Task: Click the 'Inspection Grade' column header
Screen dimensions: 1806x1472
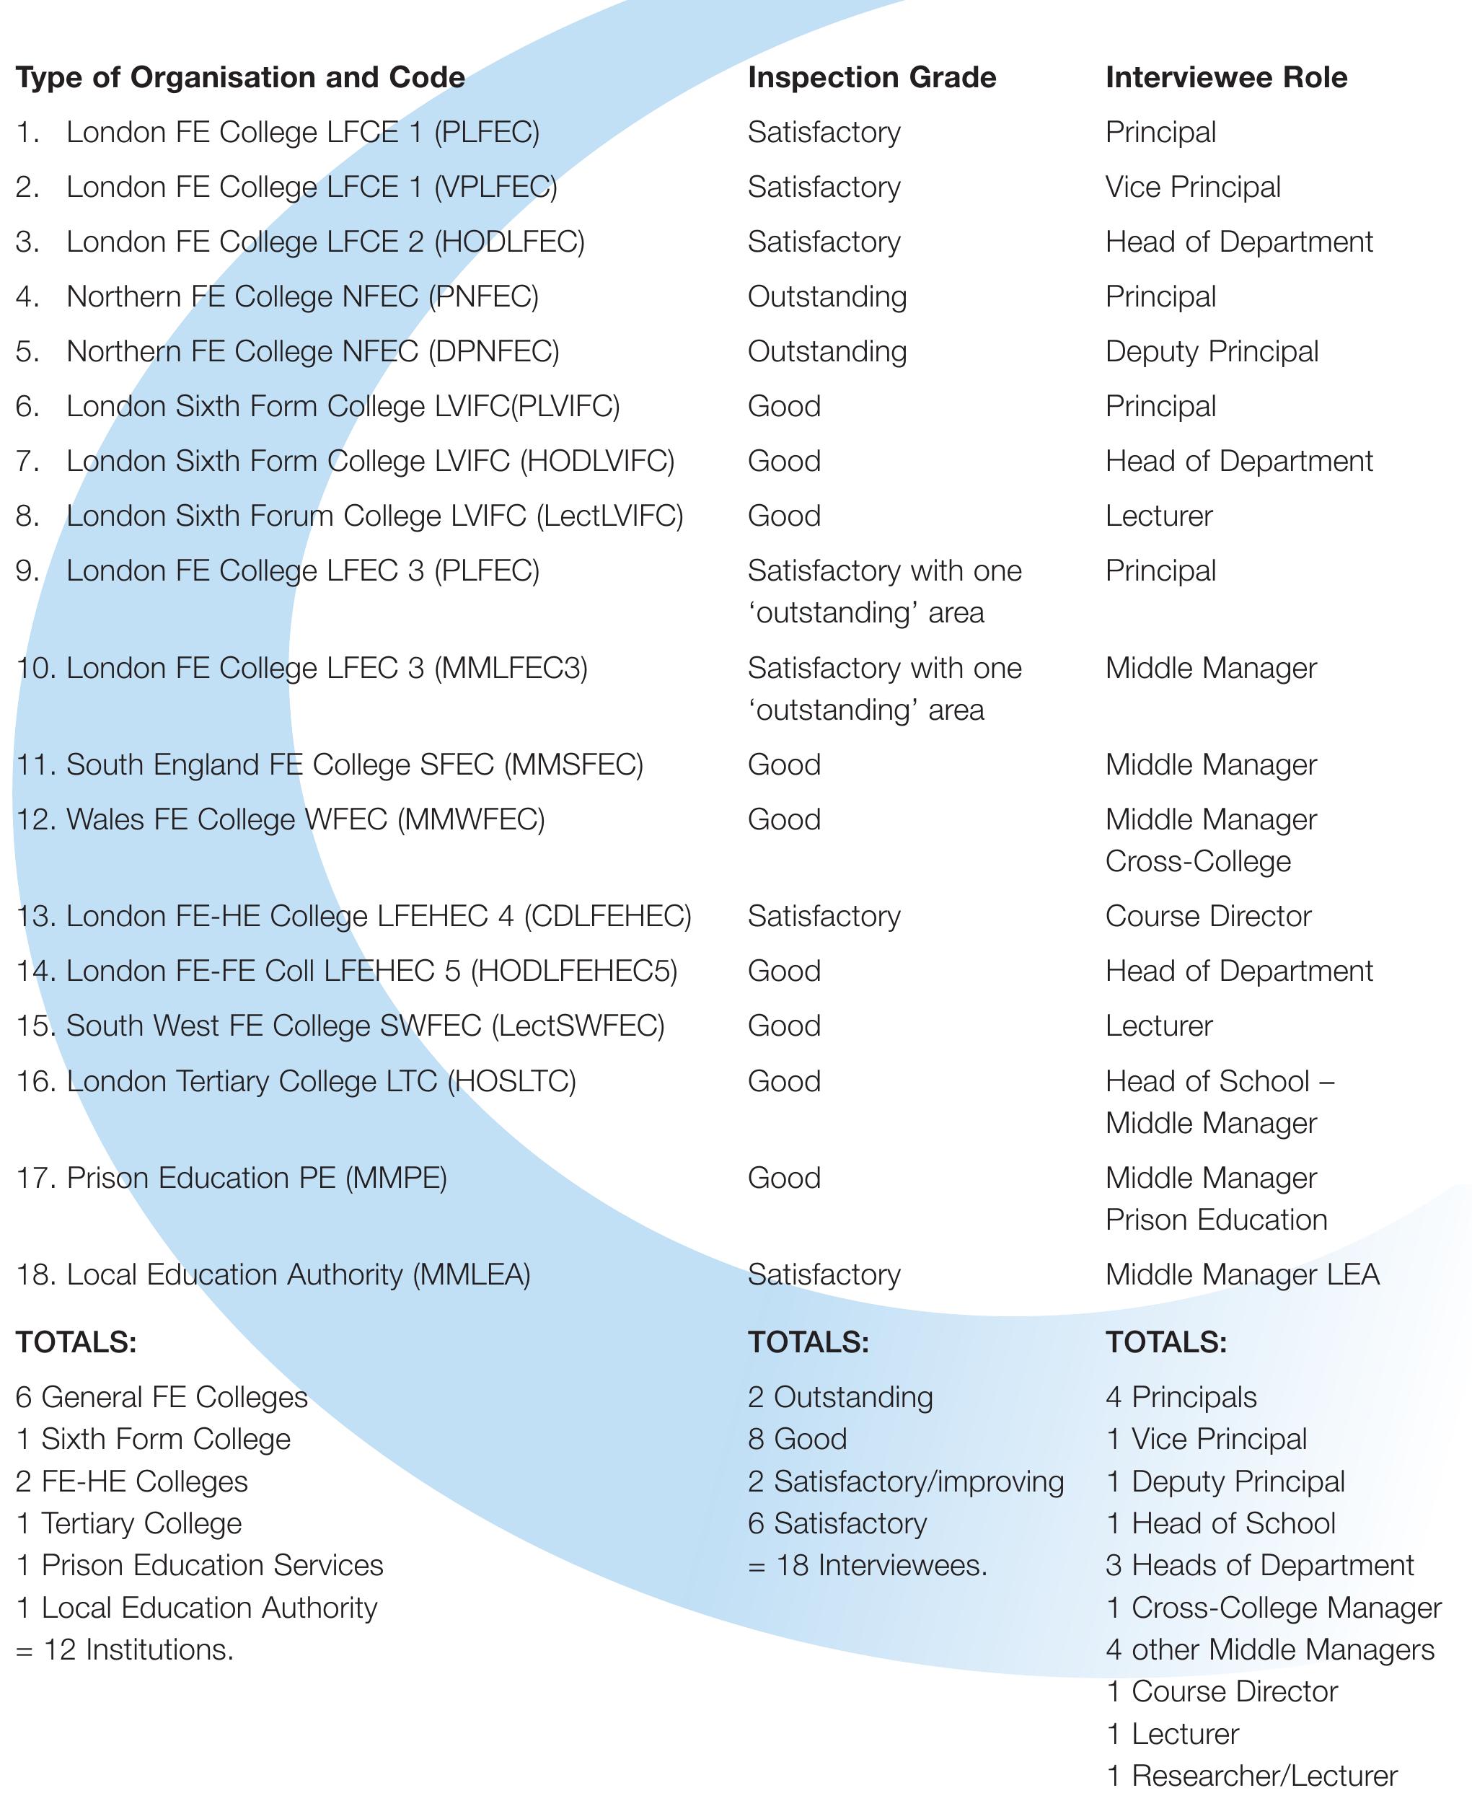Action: [x=872, y=78]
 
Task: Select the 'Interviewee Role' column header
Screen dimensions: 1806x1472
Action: [x=1226, y=78]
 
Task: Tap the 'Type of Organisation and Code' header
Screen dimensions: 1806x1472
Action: [x=240, y=78]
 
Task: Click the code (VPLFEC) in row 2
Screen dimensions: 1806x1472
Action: [x=495, y=188]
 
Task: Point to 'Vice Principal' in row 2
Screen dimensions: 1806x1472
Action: [x=1193, y=188]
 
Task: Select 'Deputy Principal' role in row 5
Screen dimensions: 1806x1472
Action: [x=1212, y=352]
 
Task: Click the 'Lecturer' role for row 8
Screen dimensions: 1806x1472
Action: [x=1159, y=516]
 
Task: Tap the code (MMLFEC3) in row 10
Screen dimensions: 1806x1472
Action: [x=511, y=669]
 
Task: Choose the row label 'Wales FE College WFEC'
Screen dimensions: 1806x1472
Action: [x=226, y=820]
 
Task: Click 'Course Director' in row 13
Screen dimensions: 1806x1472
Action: [x=1208, y=917]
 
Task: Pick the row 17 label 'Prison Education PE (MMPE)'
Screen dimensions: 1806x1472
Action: [x=256, y=1179]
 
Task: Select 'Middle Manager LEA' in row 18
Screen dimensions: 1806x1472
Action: [x=1242, y=1275]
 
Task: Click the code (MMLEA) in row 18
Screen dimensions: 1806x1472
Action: [x=472, y=1275]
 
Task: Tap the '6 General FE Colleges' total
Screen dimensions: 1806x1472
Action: [x=161, y=1397]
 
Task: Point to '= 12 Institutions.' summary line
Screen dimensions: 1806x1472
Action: [x=125, y=1649]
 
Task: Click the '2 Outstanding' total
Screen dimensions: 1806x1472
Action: [x=839, y=1397]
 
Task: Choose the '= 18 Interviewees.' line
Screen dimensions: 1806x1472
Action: [x=868, y=1565]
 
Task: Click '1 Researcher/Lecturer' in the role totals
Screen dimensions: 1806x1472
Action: [x=1251, y=1776]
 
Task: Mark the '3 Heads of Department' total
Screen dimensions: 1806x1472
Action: [x=1259, y=1565]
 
